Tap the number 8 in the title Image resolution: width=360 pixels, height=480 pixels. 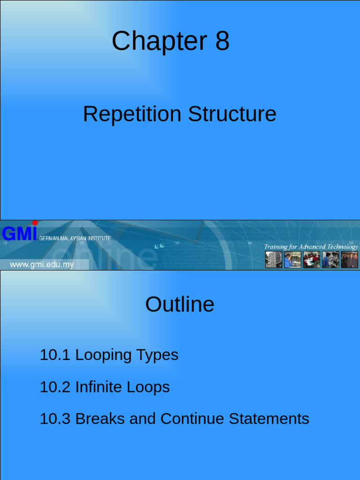(223, 41)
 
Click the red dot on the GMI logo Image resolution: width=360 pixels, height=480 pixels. (35, 223)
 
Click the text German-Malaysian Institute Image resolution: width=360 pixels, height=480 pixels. (75, 239)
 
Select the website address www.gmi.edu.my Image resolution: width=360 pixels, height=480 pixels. (42, 265)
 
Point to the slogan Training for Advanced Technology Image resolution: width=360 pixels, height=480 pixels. (311, 247)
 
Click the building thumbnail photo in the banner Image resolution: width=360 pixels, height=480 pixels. (274, 260)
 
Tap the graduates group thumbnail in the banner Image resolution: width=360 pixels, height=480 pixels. (349, 260)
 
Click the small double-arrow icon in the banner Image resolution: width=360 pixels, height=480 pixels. (159, 245)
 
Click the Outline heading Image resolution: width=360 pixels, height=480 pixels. (180, 305)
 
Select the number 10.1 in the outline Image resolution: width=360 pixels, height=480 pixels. (55, 355)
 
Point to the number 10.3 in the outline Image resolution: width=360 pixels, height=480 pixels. (55, 419)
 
